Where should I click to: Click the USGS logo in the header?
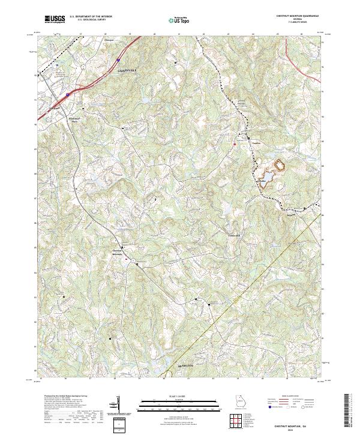pos(55,19)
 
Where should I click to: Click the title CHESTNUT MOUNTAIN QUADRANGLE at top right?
pos(298,17)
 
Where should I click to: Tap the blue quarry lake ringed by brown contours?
pos(279,163)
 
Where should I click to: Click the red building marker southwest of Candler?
pos(234,143)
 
